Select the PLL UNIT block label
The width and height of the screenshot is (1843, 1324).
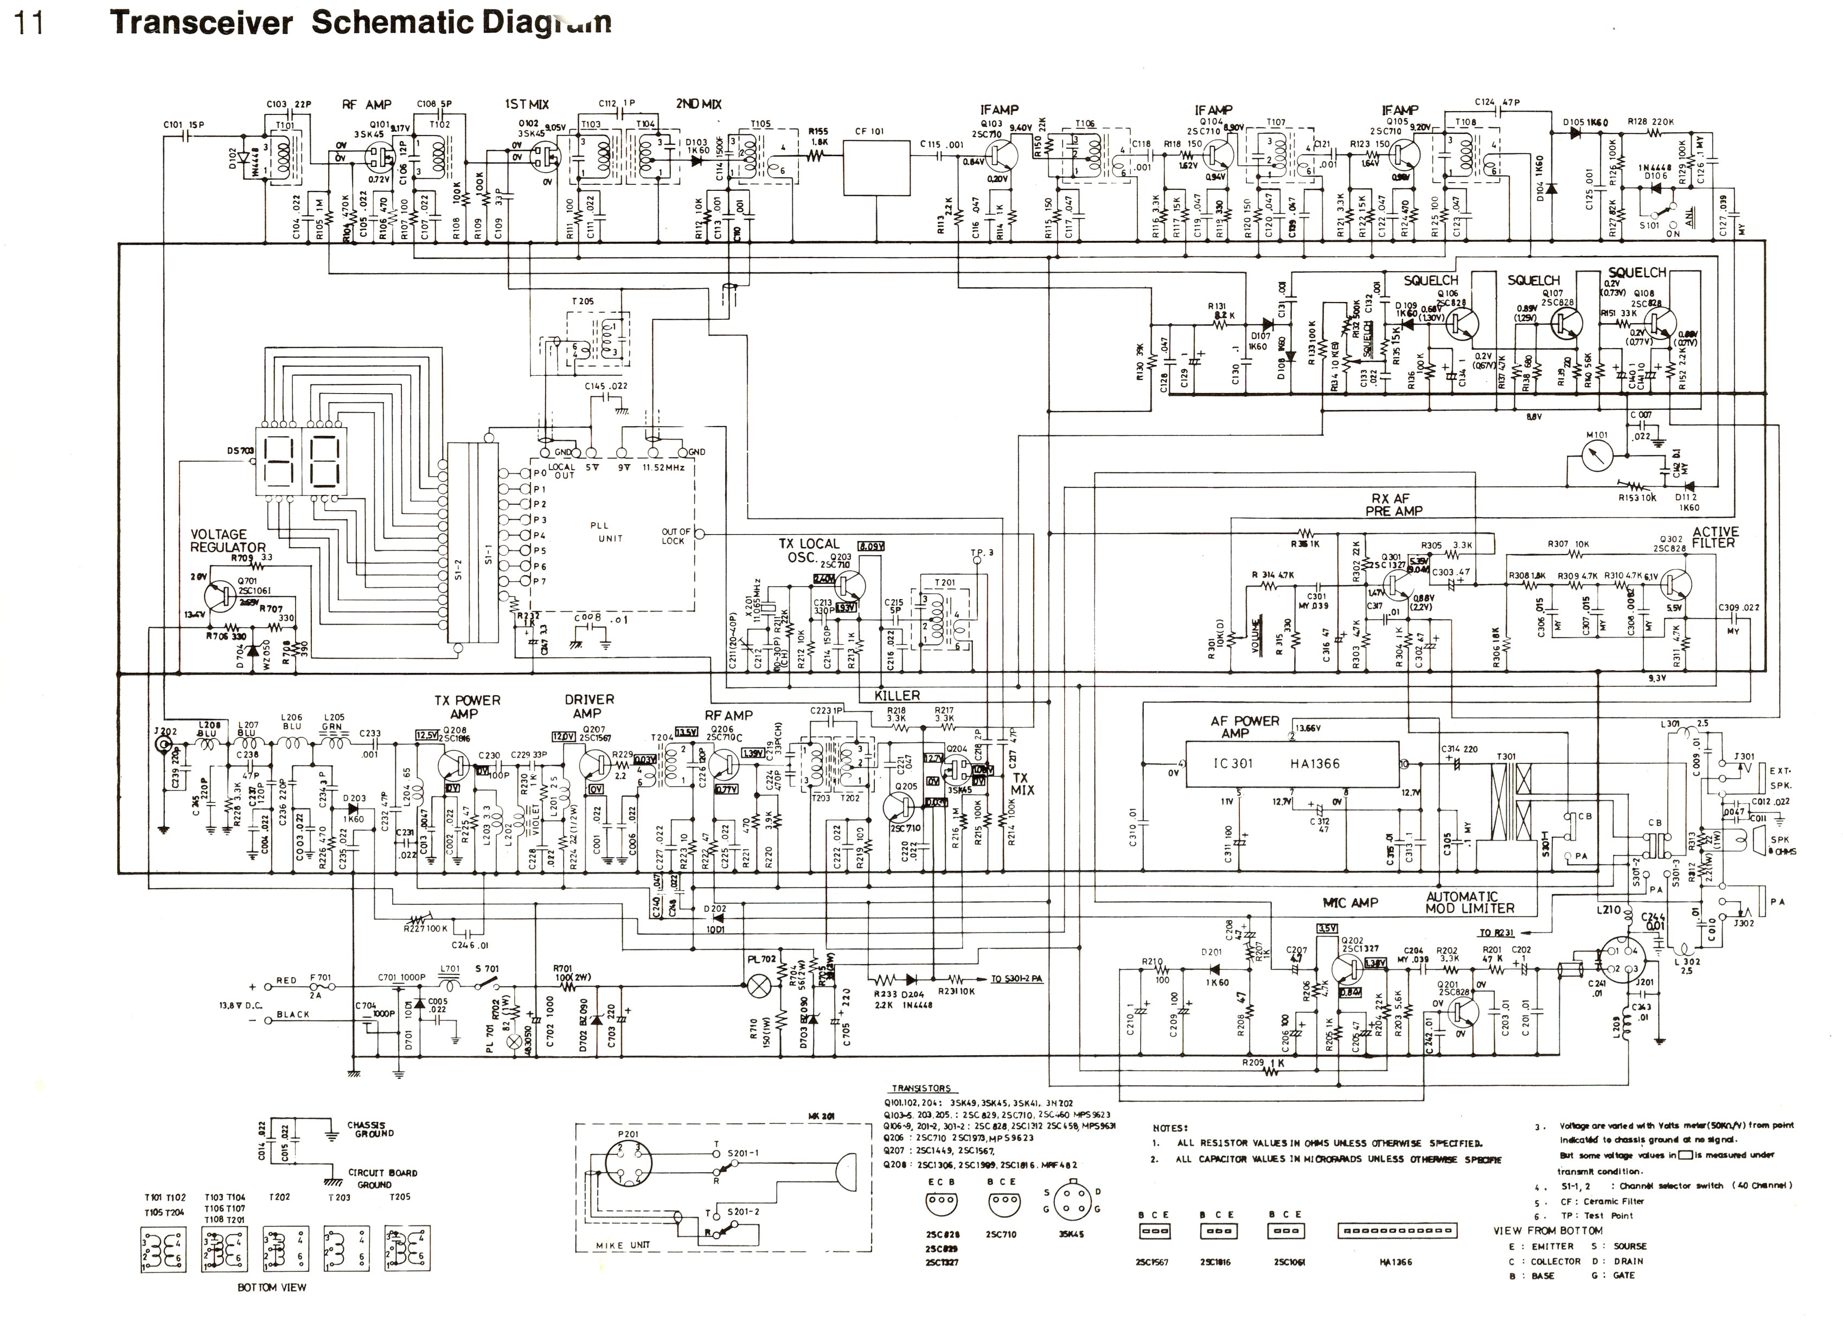pos(610,532)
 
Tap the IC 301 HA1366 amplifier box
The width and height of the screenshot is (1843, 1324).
pos(1292,763)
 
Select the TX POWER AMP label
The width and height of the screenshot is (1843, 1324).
pos(467,706)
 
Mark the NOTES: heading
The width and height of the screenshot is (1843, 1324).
pos(1169,1127)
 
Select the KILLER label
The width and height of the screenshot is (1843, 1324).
pos(897,695)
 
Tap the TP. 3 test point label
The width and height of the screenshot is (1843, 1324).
pos(982,552)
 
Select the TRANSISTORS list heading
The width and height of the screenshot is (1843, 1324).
pos(921,1089)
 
